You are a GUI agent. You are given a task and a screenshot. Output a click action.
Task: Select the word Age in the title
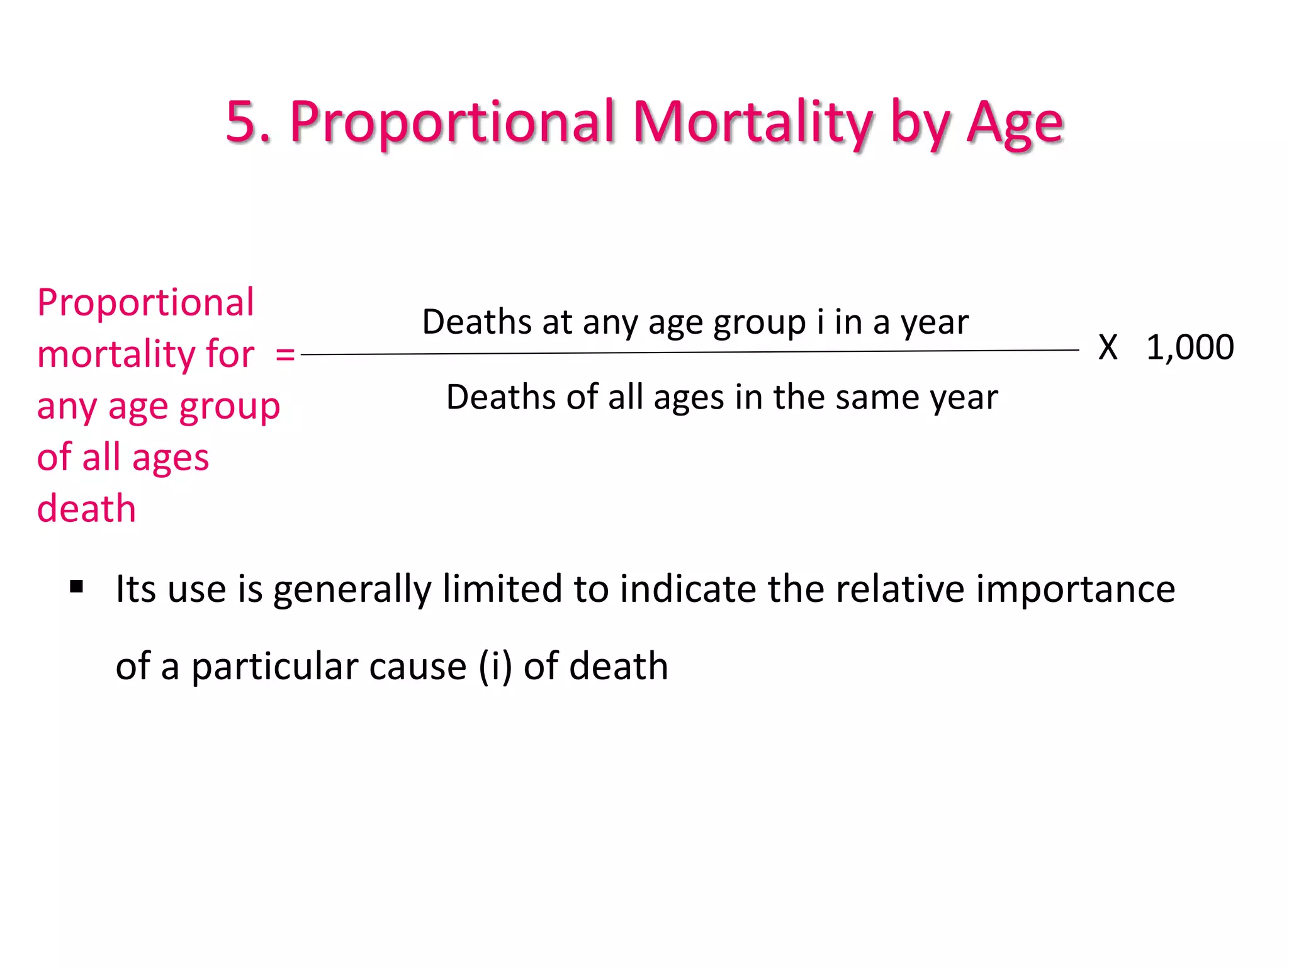pos(1015,123)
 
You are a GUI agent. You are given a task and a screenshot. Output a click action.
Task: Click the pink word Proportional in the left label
pos(145,303)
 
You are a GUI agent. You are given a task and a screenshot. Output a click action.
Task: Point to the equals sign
pos(285,354)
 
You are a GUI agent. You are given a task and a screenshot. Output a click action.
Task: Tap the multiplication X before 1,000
pos(1108,348)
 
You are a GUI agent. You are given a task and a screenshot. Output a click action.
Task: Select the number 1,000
pos(1190,348)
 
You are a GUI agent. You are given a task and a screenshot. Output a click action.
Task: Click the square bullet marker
pos(77,587)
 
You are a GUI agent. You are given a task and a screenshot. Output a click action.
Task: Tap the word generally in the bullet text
pos(352,591)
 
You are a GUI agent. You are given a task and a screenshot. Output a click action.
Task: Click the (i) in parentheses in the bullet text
pos(495,666)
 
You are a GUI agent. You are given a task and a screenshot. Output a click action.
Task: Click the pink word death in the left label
pos(86,509)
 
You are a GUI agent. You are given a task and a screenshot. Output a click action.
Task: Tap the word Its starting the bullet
pos(136,589)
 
